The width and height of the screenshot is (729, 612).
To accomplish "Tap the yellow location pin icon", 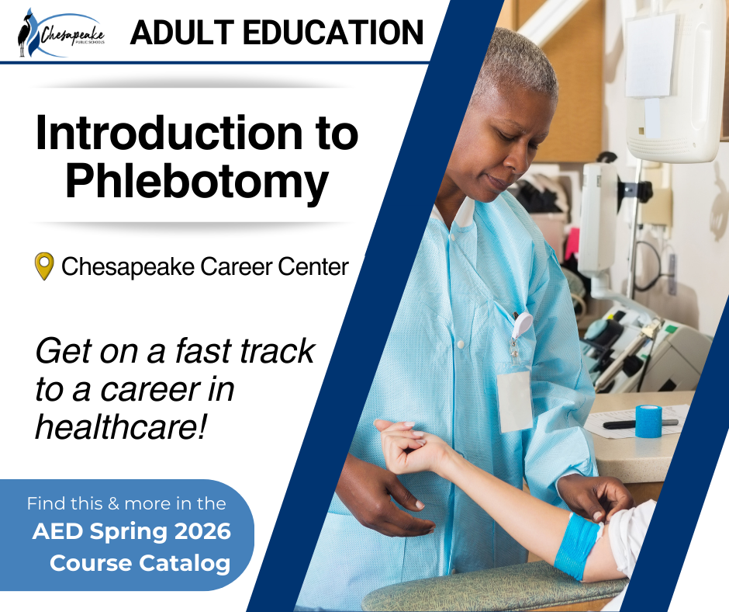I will [44, 266].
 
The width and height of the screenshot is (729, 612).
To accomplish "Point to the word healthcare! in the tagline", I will [120, 426].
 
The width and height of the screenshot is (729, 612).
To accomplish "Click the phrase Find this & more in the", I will [126, 503].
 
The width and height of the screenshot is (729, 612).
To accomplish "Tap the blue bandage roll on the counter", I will [648, 420].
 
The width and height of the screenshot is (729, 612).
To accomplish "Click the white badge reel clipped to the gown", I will [522, 324].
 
